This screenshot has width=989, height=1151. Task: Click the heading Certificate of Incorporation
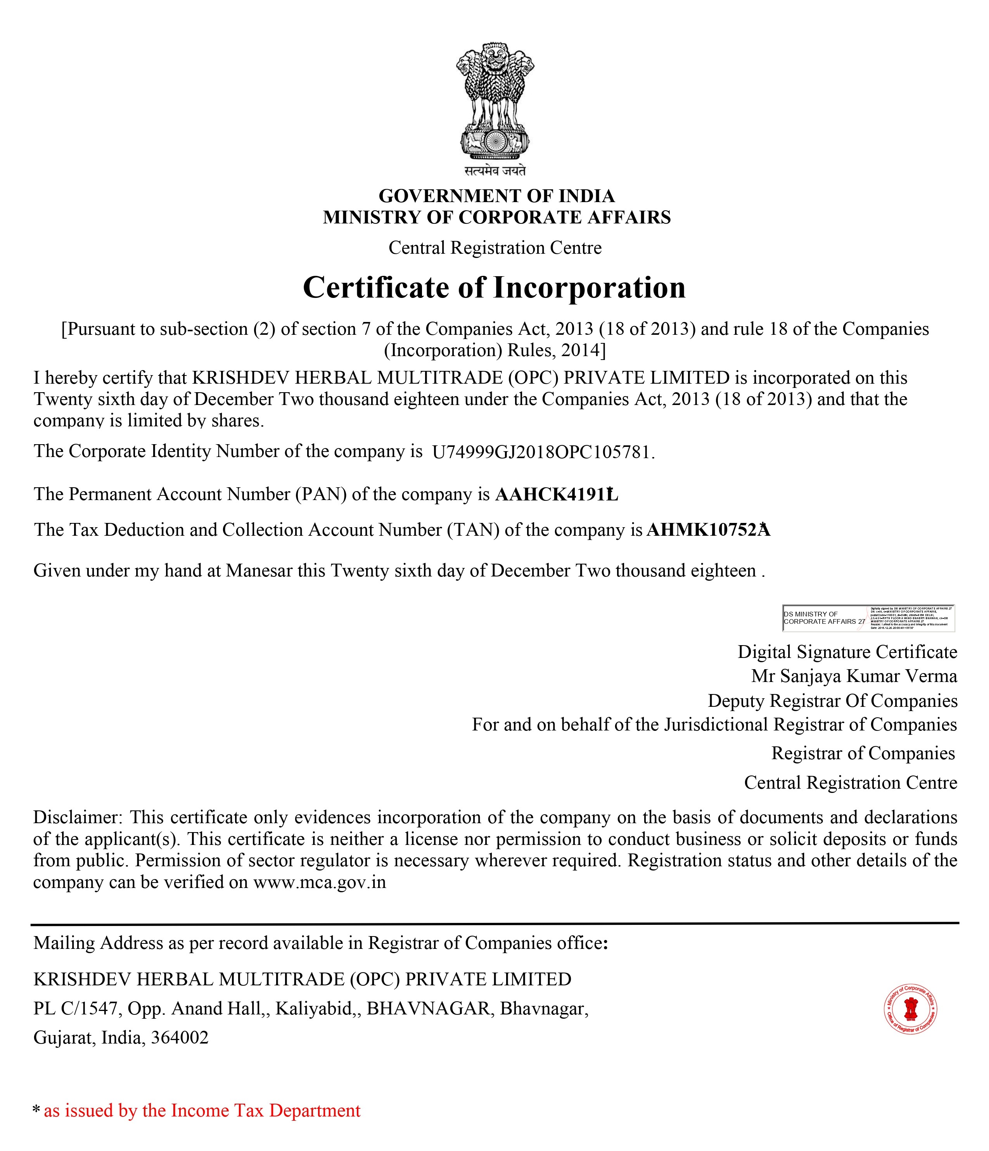(x=494, y=288)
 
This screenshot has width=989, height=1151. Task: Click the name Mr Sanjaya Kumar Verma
(x=854, y=676)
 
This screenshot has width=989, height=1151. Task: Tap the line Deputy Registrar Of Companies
(x=832, y=701)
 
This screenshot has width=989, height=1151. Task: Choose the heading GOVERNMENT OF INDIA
(x=496, y=196)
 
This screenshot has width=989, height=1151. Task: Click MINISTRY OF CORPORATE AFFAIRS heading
(x=496, y=217)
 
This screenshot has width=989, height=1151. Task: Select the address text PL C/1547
(x=77, y=1008)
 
